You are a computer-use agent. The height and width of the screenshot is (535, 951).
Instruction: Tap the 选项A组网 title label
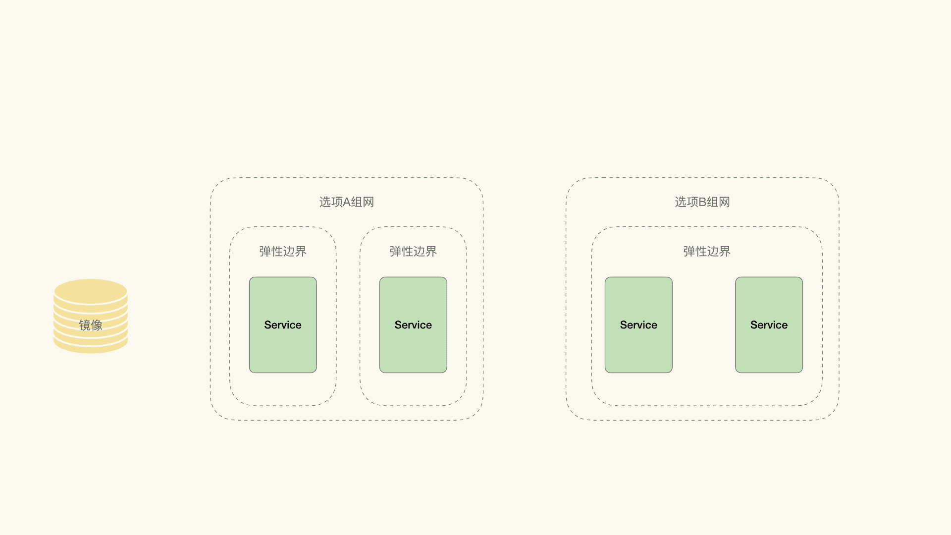(x=346, y=202)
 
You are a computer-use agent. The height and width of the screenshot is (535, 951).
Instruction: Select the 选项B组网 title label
(x=702, y=202)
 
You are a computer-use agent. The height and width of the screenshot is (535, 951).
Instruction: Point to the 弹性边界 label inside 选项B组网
(x=706, y=252)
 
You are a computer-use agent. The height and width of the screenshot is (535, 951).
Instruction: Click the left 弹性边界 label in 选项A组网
(x=282, y=252)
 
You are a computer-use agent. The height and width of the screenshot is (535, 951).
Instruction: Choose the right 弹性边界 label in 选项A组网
(x=413, y=252)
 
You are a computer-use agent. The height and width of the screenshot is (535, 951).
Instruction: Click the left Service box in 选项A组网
(x=282, y=325)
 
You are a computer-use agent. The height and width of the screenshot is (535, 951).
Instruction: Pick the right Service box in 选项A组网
(x=413, y=325)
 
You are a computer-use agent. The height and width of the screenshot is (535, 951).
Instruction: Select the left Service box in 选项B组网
(x=638, y=325)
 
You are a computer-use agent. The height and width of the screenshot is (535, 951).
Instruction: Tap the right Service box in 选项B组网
(x=768, y=325)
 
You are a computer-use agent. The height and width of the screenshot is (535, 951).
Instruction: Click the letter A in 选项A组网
(x=347, y=202)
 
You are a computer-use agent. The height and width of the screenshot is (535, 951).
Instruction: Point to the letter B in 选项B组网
(x=702, y=202)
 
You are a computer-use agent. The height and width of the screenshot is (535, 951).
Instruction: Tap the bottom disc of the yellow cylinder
(x=91, y=347)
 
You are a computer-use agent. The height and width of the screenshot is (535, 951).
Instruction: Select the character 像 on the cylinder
(x=97, y=325)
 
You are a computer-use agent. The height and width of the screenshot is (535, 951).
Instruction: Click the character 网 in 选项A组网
(x=369, y=202)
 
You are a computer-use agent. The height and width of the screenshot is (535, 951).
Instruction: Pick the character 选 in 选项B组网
(x=680, y=202)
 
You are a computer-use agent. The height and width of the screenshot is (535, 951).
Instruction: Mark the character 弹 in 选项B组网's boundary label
(x=689, y=252)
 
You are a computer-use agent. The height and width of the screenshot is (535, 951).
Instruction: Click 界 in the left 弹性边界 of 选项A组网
(x=301, y=252)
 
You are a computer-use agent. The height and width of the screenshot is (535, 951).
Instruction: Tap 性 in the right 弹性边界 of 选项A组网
(x=407, y=252)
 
